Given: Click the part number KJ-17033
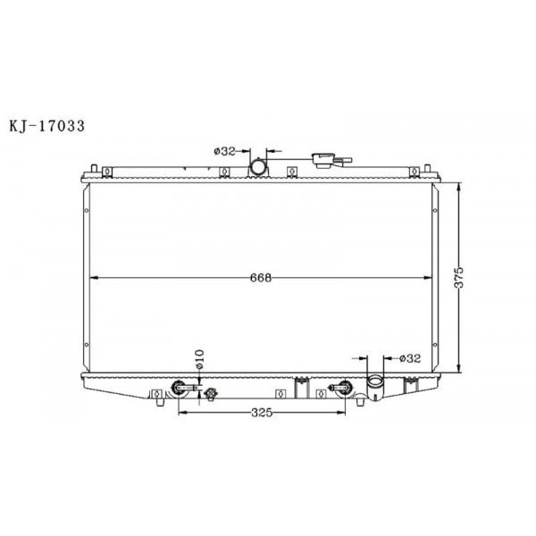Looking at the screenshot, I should [x=46, y=126].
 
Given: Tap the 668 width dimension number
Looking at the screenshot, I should [x=261, y=277].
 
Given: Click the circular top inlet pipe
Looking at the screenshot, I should [x=258, y=166].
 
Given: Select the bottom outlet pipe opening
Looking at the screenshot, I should [x=374, y=386].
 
